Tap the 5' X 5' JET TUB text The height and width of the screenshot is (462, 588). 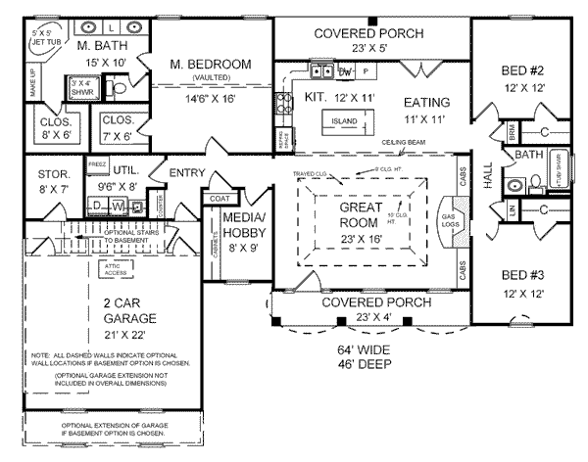(46, 38)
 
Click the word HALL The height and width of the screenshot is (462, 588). (489, 175)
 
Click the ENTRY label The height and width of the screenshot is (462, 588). (215, 173)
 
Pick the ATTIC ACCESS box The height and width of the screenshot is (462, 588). (110, 269)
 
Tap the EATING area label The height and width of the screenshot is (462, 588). (426, 102)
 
